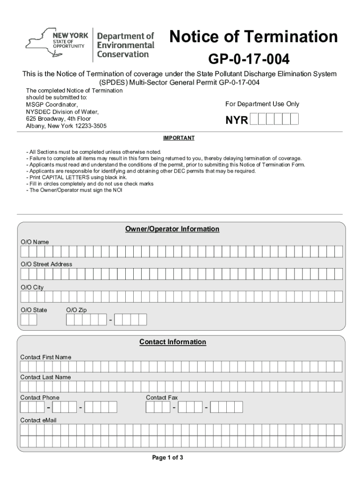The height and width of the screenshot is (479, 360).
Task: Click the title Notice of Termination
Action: [x=253, y=36]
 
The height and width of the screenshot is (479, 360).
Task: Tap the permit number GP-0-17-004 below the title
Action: [x=249, y=59]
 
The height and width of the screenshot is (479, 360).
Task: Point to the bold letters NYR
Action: [x=237, y=120]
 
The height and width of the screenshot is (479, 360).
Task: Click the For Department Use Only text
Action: [x=262, y=104]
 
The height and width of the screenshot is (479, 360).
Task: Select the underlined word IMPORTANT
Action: [x=179, y=138]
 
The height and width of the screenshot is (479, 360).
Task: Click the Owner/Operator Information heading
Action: [x=172, y=229]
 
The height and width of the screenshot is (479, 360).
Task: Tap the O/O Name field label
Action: [x=35, y=242]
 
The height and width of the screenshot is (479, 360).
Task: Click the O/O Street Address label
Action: [x=46, y=264]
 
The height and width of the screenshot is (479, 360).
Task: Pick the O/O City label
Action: [x=32, y=287]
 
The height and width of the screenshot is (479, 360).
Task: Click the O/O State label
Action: [x=34, y=310]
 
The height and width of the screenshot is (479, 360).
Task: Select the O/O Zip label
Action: [x=76, y=310]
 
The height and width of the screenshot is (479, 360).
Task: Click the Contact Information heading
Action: [x=173, y=342]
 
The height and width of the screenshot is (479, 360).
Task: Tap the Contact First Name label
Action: [x=46, y=357]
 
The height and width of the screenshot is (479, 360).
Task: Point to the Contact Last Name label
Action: [x=45, y=377]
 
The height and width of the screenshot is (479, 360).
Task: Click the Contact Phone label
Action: [x=40, y=398]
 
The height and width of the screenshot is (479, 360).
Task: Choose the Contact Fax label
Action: [x=162, y=398]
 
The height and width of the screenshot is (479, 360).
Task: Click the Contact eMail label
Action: [x=38, y=421]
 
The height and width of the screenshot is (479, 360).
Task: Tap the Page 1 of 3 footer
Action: [x=167, y=457]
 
